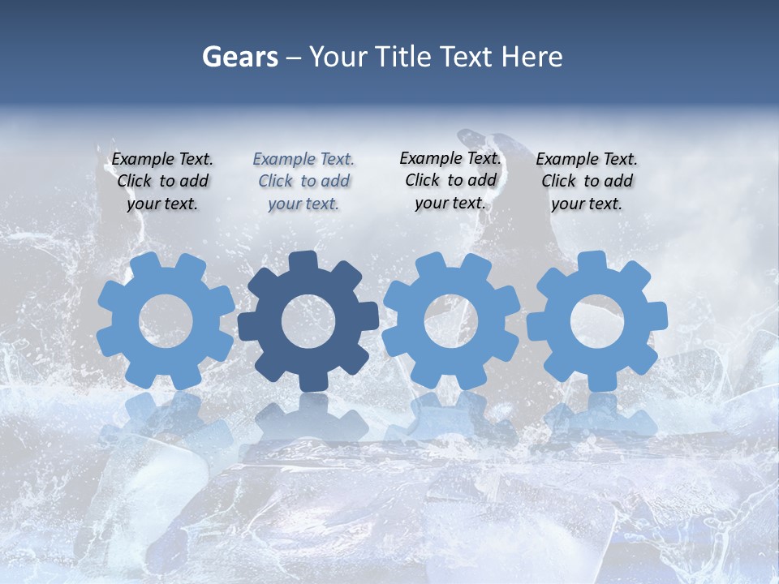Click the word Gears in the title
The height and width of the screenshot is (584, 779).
coord(240,58)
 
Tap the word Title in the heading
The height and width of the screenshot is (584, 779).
coord(407,58)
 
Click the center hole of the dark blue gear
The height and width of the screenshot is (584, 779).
coord(308,321)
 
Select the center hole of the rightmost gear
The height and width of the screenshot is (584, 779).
coord(597,320)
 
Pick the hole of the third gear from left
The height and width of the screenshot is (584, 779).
coord(451,320)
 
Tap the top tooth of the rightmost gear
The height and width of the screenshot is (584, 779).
coord(592,260)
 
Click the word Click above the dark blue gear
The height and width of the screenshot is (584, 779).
coord(276,182)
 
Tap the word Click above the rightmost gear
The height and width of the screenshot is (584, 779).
coord(559,181)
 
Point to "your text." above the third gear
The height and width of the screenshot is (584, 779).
coord(450,203)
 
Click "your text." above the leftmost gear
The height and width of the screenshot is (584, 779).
coord(162,204)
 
